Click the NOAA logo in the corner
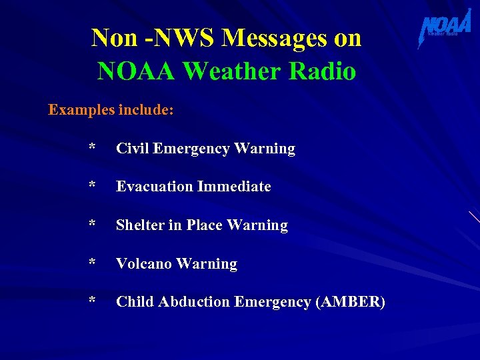click(445, 28)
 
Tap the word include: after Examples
click(146, 109)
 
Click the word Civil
click(132, 148)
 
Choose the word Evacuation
click(153, 187)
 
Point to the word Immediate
click(232, 187)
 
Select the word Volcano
click(143, 263)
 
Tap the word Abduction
click(198, 301)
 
